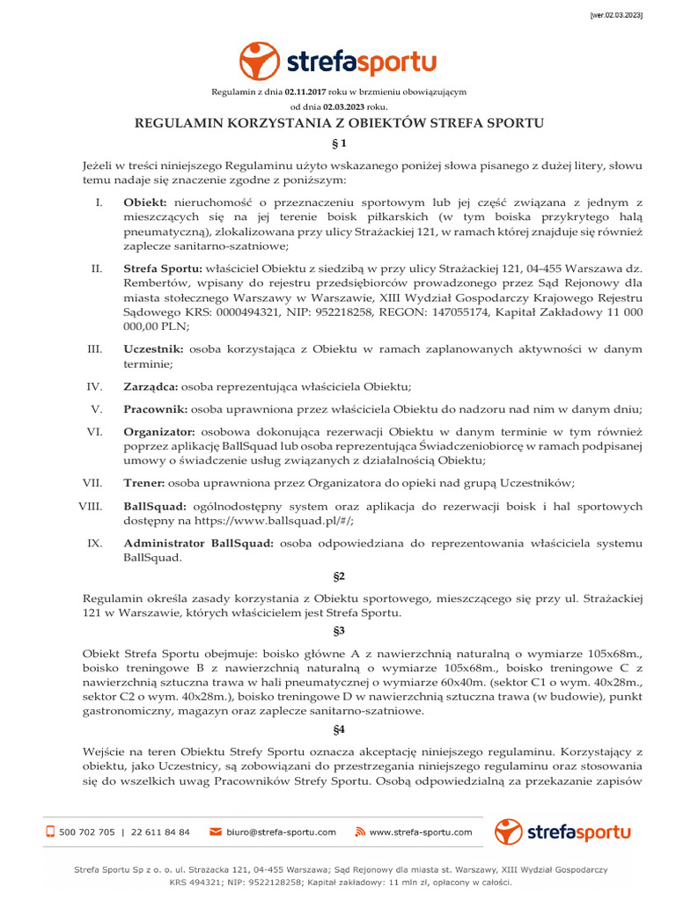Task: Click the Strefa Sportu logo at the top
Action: point(337,61)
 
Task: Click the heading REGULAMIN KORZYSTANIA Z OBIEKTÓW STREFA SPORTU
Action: point(338,123)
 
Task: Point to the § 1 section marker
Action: point(338,143)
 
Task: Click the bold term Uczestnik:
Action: point(153,348)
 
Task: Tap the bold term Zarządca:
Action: point(151,386)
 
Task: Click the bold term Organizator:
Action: point(160,430)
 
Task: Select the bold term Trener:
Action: point(143,482)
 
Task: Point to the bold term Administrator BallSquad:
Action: point(199,543)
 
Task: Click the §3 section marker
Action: point(338,630)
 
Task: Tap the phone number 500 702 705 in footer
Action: point(86,831)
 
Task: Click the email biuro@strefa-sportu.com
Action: point(281,831)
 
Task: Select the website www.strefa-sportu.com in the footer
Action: point(420,831)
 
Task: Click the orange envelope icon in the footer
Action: point(215,831)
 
